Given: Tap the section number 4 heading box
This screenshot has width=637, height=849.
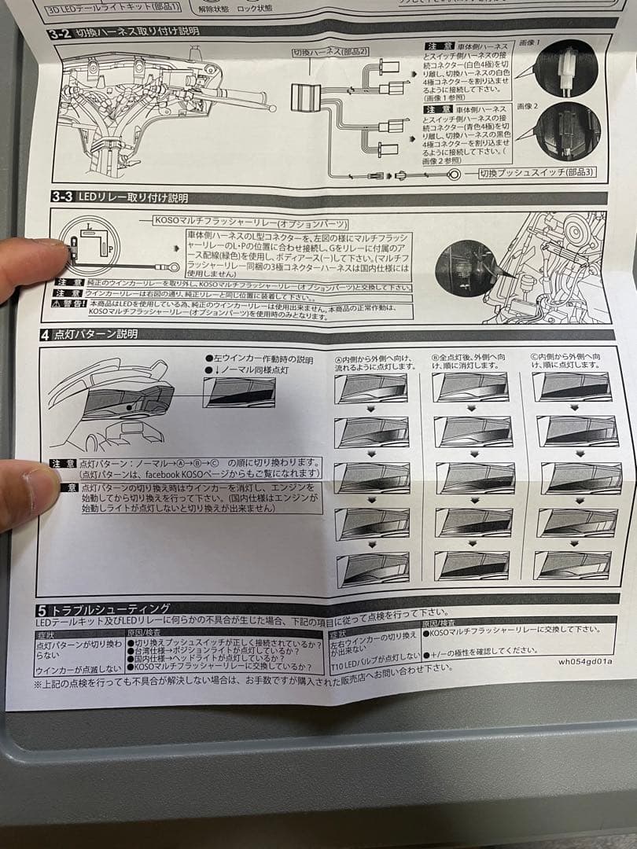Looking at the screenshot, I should (46, 334).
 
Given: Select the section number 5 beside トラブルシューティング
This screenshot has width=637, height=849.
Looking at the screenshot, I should (41, 609).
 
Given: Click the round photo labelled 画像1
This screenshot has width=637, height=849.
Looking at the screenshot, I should (566, 68).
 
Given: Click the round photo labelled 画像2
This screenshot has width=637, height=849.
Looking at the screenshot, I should (568, 131).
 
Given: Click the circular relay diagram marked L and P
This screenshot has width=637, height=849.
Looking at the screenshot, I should (90, 245).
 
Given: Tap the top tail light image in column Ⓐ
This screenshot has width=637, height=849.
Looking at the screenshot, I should (370, 388).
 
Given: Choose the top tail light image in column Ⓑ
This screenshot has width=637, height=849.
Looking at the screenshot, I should (471, 387).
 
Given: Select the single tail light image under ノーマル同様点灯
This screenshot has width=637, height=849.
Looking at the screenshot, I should (239, 392).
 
